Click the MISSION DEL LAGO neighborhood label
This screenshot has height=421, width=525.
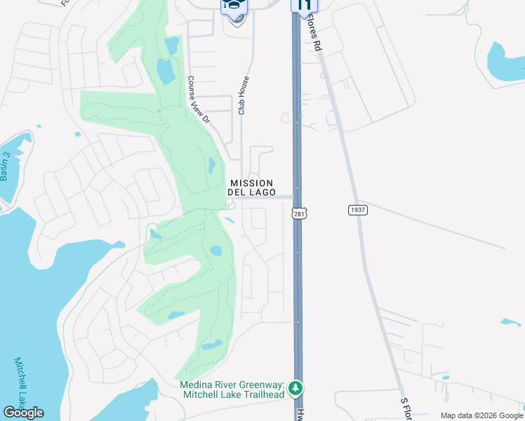click(251, 188)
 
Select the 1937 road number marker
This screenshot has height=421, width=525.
click(357, 210)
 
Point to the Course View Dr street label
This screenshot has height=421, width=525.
click(199, 100)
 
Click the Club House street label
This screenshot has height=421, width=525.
click(243, 95)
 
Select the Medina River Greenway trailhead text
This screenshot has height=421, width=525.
click(232, 389)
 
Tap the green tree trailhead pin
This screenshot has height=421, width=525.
click(296, 388)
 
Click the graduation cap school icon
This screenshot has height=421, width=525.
click(235, 6)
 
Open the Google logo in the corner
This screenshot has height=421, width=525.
click(23, 413)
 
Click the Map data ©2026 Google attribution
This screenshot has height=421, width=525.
click(481, 415)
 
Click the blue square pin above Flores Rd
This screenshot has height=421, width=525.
click(304, 5)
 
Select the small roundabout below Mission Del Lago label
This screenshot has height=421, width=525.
click(231, 205)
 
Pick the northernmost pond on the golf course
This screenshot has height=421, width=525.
click(171, 46)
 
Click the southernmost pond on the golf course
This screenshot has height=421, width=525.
click(211, 345)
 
